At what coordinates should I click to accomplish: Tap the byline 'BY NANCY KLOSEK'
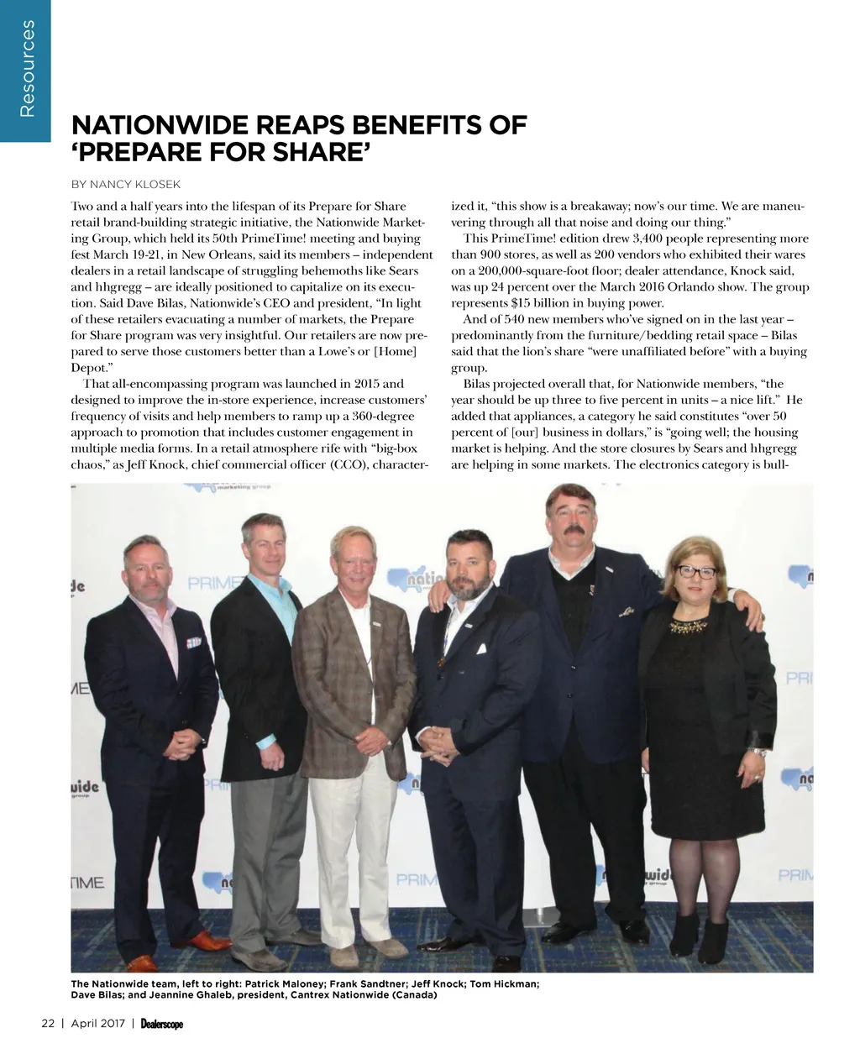[125, 184]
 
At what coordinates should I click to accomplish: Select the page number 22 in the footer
[48, 1023]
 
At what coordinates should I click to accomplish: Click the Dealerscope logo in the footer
[162, 1024]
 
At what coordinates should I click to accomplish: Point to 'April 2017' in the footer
[97, 1023]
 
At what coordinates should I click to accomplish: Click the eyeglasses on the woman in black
[696, 572]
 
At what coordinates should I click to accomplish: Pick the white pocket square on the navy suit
[481, 649]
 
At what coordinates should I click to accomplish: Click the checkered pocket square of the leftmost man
[195, 642]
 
